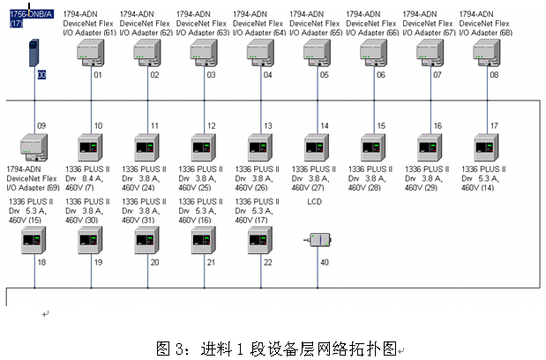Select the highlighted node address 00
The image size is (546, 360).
click(x=41, y=76)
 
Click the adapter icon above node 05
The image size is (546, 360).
click(x=316, y=52)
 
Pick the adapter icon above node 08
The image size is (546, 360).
click(x=485, y=52)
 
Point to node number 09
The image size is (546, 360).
click(x=41, y=126)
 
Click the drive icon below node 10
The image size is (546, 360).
click(x=91, y=146)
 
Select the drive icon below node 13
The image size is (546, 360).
click(x=260, y=146)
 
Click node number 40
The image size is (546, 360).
click(x=325, y=262)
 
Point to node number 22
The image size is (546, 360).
click(x=267, y=262)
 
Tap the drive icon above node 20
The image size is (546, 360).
click(x=147, y=239)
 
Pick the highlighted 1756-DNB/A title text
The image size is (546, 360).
click(x=30, y=14)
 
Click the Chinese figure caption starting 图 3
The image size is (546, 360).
click(x=279, y=346)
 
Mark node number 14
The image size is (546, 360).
click(x=325, y=126)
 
